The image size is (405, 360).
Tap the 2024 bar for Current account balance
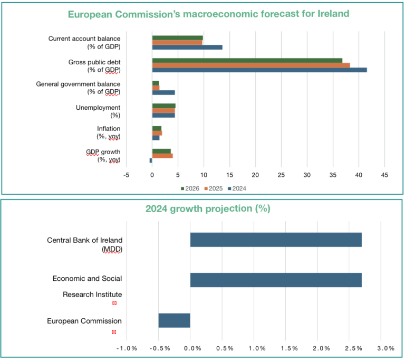[x=187, y=47]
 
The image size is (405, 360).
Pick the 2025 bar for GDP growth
[x=162, y=156]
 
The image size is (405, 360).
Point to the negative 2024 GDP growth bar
[x=151, y=160]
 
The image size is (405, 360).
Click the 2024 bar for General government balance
[x=163, y=92]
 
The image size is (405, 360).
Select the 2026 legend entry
[x=190, y=188]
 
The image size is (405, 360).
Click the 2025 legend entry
[x=213, y=188]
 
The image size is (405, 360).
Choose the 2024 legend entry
[x=237, y=188]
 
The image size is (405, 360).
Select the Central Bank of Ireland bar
[x=276, y=240]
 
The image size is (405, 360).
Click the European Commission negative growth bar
[x=175, y=320]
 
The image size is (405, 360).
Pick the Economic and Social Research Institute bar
[x=276, y=280]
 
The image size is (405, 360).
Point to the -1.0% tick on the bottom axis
[x=127, y=348]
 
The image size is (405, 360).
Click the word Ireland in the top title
[x=333, y=14]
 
